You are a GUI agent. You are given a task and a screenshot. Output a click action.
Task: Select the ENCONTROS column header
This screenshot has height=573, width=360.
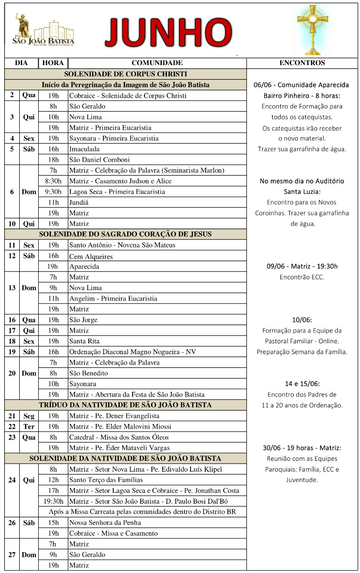[x=302, y=63]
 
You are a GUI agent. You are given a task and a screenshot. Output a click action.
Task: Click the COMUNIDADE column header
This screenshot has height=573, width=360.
[x=157, y=63]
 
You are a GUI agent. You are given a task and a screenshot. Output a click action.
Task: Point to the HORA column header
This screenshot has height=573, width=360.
[x=53, y=63]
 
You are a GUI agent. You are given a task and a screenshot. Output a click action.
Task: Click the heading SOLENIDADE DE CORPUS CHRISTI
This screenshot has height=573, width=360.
[x=126, y=74]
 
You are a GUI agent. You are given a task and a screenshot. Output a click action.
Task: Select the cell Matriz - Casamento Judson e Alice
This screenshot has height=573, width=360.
[x=120, y=181]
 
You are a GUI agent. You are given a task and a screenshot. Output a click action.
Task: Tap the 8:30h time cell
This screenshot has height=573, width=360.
[x=53, y=181]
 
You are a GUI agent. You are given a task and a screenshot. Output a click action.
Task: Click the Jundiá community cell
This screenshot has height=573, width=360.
[x=79, y=202]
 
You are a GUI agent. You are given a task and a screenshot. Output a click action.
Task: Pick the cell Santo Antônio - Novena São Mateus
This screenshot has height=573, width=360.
[x=122, y=245]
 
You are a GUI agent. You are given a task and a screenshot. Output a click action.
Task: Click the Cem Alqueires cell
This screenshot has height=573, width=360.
[x=91, y=256]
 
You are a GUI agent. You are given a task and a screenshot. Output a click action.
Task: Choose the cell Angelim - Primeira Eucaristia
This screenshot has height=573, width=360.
[x=113, y=299]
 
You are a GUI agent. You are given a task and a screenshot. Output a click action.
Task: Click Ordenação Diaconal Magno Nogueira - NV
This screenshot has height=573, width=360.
[x=133, y=352]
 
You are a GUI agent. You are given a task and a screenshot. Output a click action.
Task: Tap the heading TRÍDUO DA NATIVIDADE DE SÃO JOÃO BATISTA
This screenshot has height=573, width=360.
[x=126, y=405]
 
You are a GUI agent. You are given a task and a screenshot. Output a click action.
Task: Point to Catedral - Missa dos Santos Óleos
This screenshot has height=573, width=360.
[x=119, y=437]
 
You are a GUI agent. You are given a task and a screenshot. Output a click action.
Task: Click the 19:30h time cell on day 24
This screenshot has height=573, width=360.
[x=53, y=501]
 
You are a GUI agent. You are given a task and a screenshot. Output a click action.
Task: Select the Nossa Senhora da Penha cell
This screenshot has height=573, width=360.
[x=105, y=523]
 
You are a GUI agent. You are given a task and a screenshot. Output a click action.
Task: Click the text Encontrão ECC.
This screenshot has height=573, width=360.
[x=302, y=277]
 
